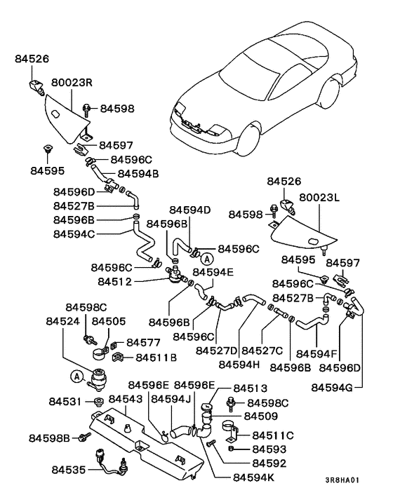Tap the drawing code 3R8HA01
[342, 480]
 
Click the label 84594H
[240, 364]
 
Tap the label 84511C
[273, 435]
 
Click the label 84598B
[51, 438]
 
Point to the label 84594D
[189, 209]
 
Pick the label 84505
[108, 320]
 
